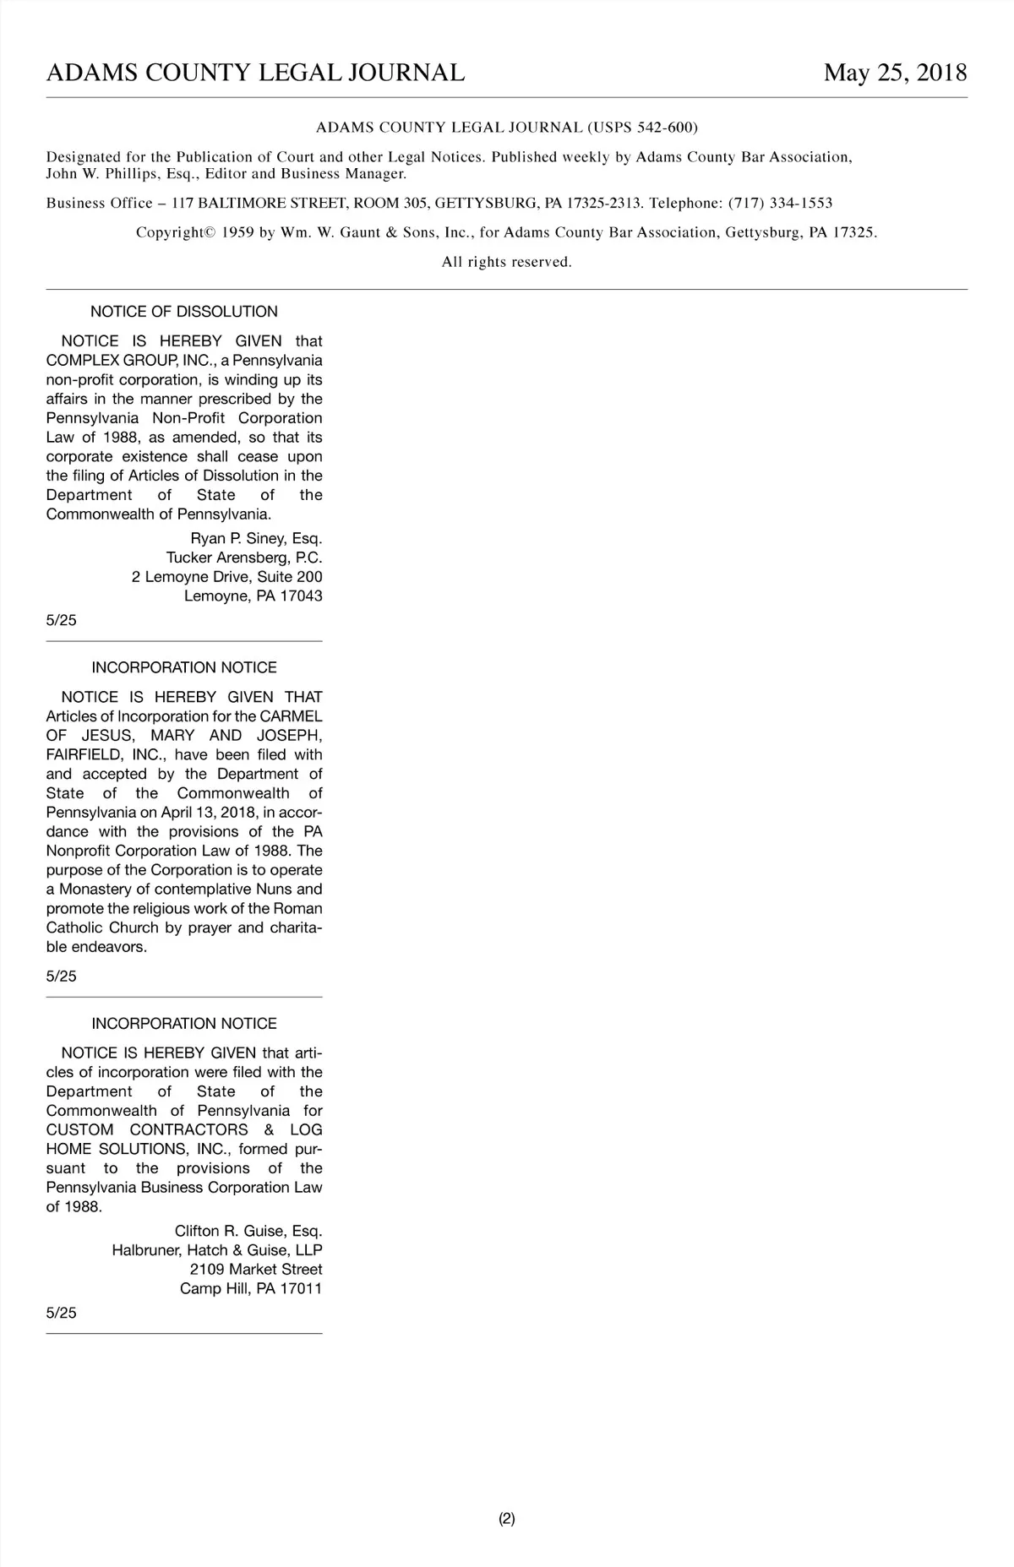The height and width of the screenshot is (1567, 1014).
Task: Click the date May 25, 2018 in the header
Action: click(895, 73)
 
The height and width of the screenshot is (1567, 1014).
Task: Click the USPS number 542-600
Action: click(666, 128)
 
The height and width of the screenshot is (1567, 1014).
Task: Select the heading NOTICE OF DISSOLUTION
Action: click(184, 312)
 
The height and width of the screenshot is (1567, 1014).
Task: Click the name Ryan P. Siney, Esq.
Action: click(256, 539)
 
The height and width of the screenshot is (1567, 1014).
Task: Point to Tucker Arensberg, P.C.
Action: click(244, 558)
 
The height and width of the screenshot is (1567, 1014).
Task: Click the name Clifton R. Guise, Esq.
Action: click(248, 1231)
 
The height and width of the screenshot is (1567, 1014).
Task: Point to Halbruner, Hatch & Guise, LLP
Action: click(217, 1250)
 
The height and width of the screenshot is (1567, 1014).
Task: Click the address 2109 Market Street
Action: click(256, 1270)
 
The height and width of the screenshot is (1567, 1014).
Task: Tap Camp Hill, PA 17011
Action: click(251, 1289)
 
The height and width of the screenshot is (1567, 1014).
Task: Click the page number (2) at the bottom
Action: click(507, 1518)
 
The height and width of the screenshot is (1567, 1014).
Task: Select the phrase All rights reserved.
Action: click(507, 262)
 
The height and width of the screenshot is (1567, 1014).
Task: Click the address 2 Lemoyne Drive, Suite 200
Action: click(226, 577)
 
